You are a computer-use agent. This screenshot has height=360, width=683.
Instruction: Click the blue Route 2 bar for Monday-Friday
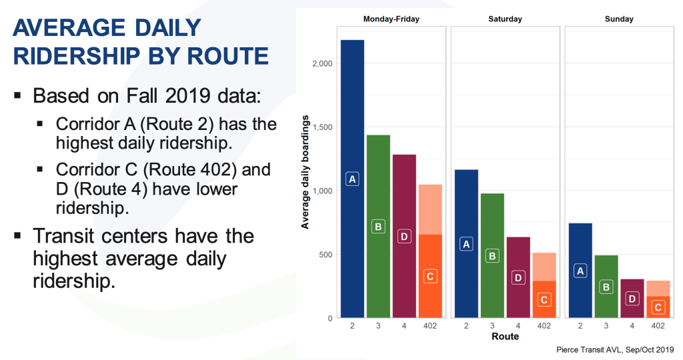tap(352, 179)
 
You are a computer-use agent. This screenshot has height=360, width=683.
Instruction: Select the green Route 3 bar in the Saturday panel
tap(492, 255)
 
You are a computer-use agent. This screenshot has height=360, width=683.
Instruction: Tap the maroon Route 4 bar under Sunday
tap(632, 298)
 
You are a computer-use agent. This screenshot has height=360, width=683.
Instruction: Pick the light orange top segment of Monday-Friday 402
tap(430, 209)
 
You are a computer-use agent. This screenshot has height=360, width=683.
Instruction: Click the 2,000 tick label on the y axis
tap(322, 63)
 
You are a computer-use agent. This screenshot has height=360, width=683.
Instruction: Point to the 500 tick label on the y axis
tap(325, 255)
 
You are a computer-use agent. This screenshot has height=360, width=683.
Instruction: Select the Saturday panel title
tap(506, 19)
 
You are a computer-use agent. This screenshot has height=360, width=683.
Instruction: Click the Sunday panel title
tap(619, 19)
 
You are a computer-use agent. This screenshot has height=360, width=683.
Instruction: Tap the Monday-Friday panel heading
tap(391, 19)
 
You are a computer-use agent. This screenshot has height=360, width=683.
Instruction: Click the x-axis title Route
tap(506, 337)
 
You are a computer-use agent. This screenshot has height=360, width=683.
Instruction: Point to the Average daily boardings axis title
tap(305, 172)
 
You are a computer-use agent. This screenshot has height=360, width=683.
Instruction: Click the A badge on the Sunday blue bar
tap(580, 271)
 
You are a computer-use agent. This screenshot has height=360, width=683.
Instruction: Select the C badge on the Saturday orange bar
tap(544, 299)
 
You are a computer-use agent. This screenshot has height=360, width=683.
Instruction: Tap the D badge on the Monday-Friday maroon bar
tap(404, 237)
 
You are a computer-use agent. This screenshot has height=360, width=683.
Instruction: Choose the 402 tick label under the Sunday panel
tap(658, 325)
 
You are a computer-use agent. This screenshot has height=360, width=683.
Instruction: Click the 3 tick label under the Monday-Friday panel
tap(378, 325)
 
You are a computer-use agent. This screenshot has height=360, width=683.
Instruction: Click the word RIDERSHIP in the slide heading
tap(76, 56)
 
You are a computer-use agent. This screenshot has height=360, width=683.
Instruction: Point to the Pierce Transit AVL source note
tap(615, 349)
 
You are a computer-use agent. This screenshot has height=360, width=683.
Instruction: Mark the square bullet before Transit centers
tap(17, 236)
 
